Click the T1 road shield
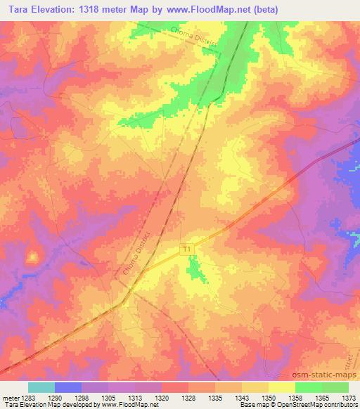point(186,249)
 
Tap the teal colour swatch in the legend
point(41,387)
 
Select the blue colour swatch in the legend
point(68,387)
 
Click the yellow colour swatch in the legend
point(282,387)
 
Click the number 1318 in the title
point(101,10)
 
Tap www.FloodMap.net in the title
point(212,10)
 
